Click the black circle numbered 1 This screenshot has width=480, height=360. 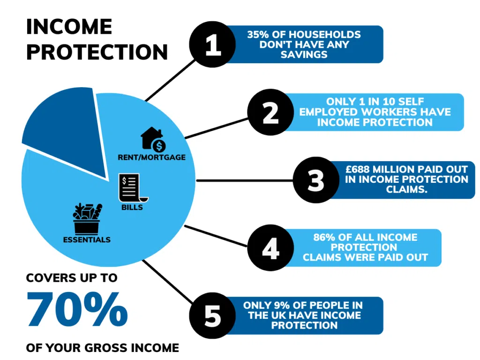pos(212,45)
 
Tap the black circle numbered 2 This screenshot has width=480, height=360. pos(270,112)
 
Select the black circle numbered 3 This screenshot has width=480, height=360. pos(316,180)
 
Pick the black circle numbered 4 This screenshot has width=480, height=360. pos(270,247)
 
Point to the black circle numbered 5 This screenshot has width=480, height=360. pos(212,315)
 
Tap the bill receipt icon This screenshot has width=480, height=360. pos(133,188)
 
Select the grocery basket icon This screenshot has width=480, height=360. pos(87,218)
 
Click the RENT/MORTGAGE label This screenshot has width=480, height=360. pos(151,157)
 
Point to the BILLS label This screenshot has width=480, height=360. pos(132,207)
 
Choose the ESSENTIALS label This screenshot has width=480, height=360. pos(87,240)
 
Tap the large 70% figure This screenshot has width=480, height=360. pos(77,309)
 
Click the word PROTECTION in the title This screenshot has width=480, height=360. pos(97,52)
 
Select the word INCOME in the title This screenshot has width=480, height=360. pos(69,27)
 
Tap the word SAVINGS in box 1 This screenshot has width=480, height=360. pos(304,54)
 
